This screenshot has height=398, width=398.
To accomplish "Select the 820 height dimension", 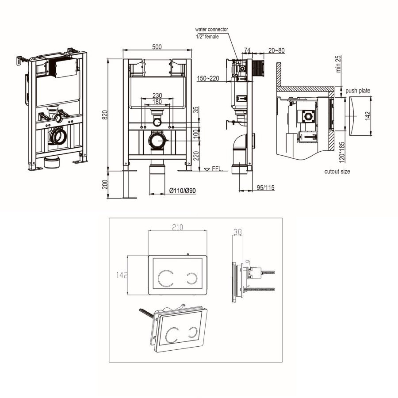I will tap(105, 115).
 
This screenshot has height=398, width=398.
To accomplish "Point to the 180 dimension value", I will tap(157, 102).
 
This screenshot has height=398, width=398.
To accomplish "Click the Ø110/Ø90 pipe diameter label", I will tap(183, 191).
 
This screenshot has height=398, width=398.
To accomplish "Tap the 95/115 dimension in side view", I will tap(265, 188).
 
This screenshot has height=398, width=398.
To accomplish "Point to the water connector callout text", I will tap(211, 29).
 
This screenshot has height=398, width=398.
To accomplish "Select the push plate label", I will tap(358, 91).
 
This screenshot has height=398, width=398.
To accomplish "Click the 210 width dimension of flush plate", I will tap(177, 228).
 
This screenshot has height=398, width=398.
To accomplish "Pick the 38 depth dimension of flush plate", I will tap(237, 231).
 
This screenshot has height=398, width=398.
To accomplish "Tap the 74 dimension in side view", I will tap(248, 50).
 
